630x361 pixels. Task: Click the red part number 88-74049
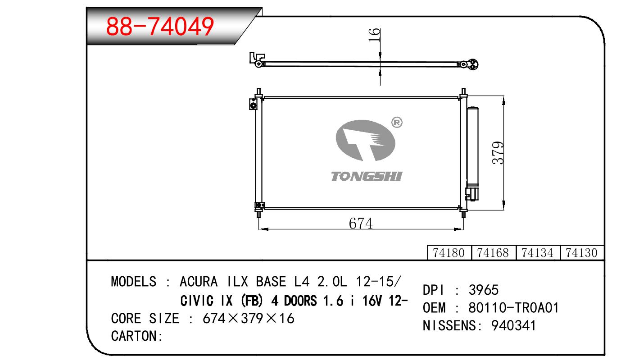pyautogui.click(x=160, y=26)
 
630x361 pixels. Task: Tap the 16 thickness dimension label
pyautogui.click(x=374, y=35)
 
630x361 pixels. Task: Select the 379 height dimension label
pyautogui.click(x=498, y=152)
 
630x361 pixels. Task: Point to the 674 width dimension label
pyautogui.click(x=361, y=224)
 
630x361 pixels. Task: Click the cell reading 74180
pyautogui.click(x=449, y=253)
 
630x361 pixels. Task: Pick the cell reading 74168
pyautogui.click(x=493, y=253)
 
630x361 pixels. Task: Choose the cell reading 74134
pyautogui.click(x=537, y=253)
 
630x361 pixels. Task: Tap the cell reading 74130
pyautogui.click(x=581, y=253)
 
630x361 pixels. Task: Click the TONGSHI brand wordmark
pyautogui.click(x=367, y=176)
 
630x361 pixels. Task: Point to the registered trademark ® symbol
pyautogui.click(x=397, y=123)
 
